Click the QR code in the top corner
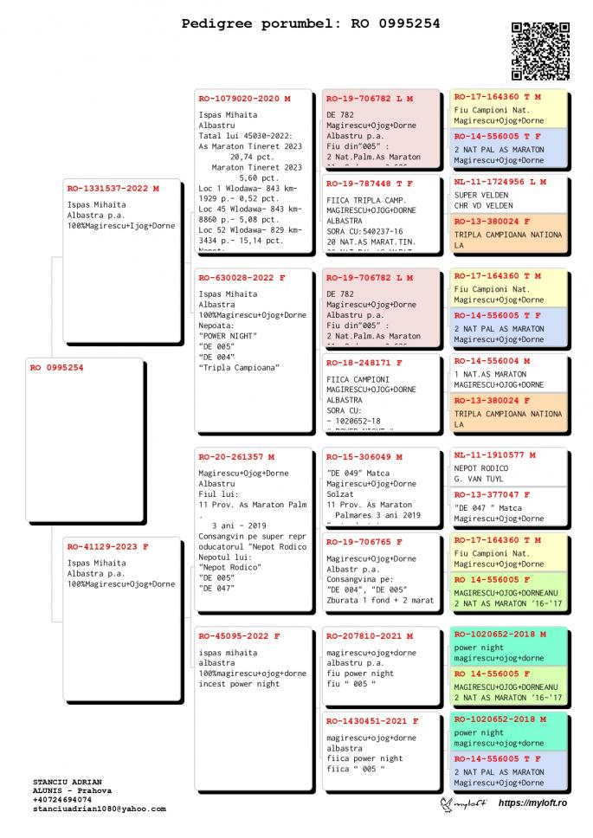click(541, 51)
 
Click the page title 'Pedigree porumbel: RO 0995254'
click(310, 23)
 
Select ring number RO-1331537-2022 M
click(113, 188)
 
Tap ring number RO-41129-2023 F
click(108, 546)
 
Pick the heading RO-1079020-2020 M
click(244, 99)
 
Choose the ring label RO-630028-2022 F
click(242, 278)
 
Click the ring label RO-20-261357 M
click(236, 456)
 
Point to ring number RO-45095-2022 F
click(239, 636)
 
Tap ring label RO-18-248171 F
click(364, 363)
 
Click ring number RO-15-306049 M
click(364, 456)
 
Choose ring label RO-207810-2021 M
click(370, 636)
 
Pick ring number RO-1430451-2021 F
click(372, 720)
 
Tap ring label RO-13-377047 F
click(492, 494)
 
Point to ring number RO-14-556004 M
click(492, 360)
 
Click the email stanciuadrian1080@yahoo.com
click(100, 809)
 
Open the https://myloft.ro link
click(532, 804)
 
